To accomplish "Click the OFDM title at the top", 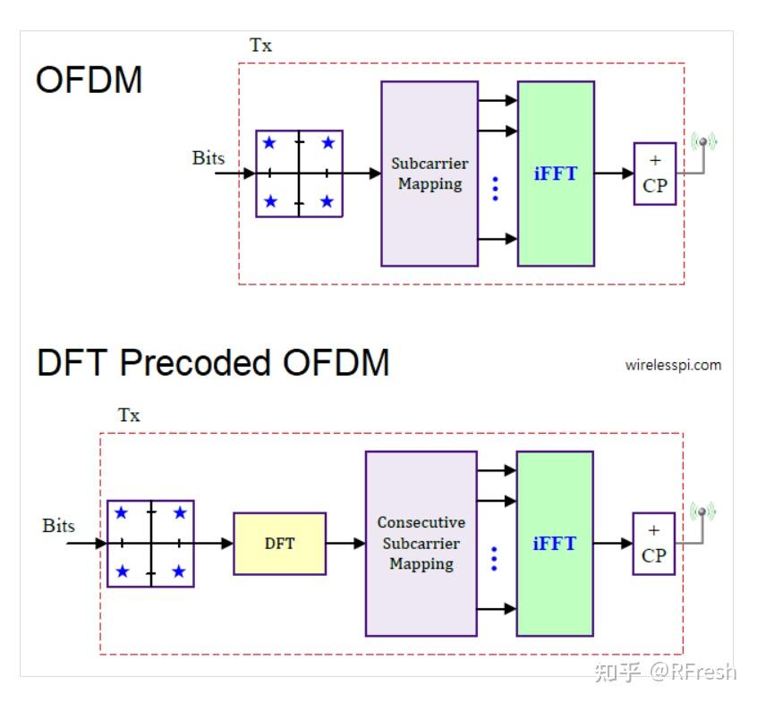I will point(89,80).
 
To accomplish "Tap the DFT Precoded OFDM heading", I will point(213,363).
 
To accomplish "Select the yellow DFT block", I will point(279,543).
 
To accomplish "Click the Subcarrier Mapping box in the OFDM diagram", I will point(430,173).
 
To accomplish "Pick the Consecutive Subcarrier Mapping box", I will point(421,543).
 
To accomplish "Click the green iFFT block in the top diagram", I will point(556,173).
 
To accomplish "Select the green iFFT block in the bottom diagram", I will point(555,543).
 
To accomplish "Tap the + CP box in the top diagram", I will point(655,173).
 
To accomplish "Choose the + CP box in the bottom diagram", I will point(654,543).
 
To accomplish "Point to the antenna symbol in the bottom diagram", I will point(702,513).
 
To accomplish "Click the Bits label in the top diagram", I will point(208,158).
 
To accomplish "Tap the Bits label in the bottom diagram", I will point(59,526).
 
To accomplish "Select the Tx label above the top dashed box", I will point(260,46).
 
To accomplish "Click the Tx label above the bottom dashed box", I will point(129,415).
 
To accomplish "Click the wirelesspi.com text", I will point(673,365).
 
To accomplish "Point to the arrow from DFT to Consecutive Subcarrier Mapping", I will point(345,543).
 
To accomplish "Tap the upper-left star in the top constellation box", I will point(268,143).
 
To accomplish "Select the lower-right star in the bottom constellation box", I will point(179,571).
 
